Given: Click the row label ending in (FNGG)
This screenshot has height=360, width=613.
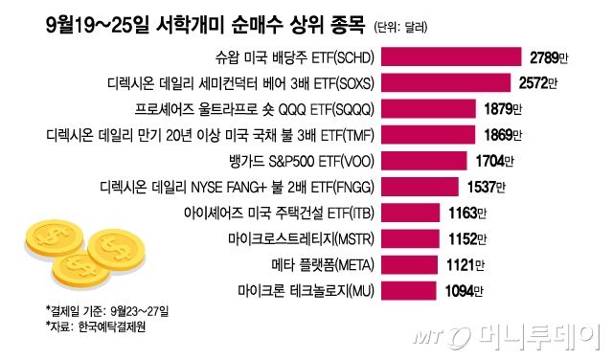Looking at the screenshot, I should pos(241,186).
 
